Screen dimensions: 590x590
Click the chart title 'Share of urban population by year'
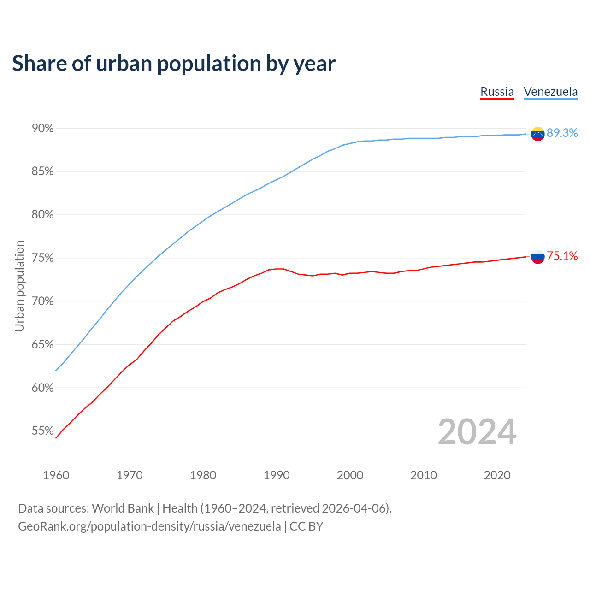click(174, 64)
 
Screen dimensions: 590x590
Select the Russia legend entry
click(497, 92)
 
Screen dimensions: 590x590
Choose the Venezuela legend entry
click(550, 92)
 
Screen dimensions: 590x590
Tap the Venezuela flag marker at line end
click(537, 134)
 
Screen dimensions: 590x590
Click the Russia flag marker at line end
click(537, 256)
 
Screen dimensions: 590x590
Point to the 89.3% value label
click(562, 133)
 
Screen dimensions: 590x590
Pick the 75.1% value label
click(562, 256)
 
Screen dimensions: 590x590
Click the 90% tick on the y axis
click(42, 129)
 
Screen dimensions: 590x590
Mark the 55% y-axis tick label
click(42, 431)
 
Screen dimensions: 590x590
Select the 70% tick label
click(42, 301)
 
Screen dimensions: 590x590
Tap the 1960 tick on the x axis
click(56, 475)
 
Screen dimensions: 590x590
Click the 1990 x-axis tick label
click(277, 475)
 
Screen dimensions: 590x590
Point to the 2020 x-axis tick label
click(497, 475)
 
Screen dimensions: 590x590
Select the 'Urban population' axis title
click(19, 286)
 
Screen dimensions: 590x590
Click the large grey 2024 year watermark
click(477, 432)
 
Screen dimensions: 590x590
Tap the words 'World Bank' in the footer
click(123, 508)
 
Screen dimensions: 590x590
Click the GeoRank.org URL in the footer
click(149, 526)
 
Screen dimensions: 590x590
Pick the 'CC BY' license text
click(307, 526)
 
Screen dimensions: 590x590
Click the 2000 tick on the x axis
click(350, 475)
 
